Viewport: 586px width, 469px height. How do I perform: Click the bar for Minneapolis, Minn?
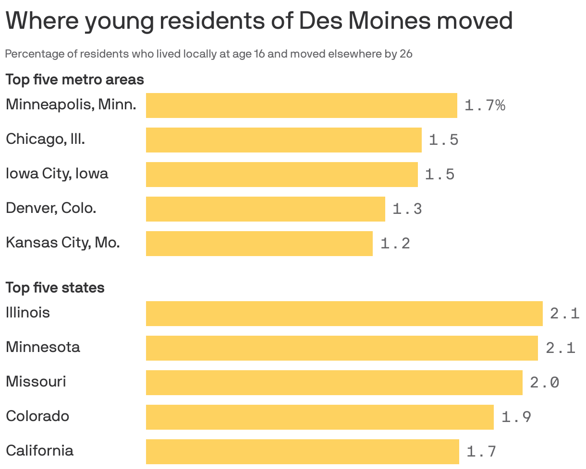pyautogui.click(x=301, y=106)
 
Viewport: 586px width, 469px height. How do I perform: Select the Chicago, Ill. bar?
pyautogui.click(x=283, y=140)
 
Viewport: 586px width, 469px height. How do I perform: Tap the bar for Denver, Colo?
pyautogui.click(x=265, y=209)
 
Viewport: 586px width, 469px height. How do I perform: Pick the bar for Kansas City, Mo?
pyautogui.click(x=259, y=244)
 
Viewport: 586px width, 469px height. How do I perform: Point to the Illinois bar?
pyautogui.click(x=344, y=314)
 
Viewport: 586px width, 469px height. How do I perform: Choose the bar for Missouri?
pyautogui.click(x=334, y=383)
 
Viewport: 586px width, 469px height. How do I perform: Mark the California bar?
pyautogui.click(x=302, y=452)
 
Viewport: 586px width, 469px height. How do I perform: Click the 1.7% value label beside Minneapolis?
pyautogui.click(x=485, y=106)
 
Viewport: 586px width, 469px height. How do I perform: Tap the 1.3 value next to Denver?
pyautogui.click(x=407, y=209)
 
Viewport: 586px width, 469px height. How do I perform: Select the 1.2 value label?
pyautogui.click(x=395, y=244)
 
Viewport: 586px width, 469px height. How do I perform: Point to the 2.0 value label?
pyautogui.click(x=544, y=383)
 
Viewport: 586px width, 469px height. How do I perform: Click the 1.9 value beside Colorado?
pyautogui.click(x=516, y=417)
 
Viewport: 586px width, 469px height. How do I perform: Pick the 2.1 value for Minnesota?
pyautogui.click(x=560, y=348)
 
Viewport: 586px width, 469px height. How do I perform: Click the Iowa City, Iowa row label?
pyautogui.click(x=57, y=173)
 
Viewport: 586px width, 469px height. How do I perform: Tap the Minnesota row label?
pyautogui.click(x=43, y=347)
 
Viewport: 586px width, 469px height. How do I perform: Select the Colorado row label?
pyautogui.click(x=37, y=416)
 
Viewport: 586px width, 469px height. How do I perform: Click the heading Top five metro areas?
pyautogui.click(x=74, y=79)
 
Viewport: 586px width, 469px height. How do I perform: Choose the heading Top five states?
pyautogui.click(x=55, y=287)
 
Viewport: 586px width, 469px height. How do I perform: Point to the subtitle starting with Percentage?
pyautogui.click(x=208, y=54)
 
